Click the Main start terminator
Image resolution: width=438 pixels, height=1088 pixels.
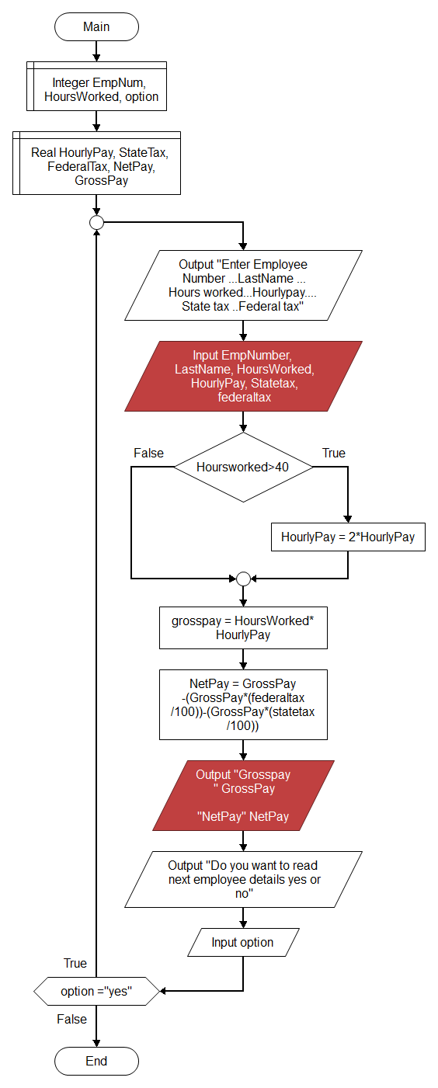pyautogui.click(x=96, y=26)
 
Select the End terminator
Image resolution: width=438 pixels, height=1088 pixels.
pyautogui.click(x=96, y=1061)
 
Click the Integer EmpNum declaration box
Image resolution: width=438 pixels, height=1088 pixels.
pyautogui.click(x=96, y=86)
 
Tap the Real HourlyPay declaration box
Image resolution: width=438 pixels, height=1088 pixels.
pyautogui.click(x=96, y=163)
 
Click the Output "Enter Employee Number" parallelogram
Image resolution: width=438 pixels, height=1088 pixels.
pyautogui.click(x=243, y=285)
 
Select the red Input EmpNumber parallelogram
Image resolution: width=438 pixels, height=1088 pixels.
pyautogui.click(x=243, y=377)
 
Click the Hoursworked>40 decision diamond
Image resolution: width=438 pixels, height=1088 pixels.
pyautogui.click(x=243, y=467)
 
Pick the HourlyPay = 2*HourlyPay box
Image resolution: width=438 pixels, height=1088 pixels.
pyautogui.click(x=348, y=537)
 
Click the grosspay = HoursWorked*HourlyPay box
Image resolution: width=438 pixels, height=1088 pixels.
pyautogui.click(x=243, y=627)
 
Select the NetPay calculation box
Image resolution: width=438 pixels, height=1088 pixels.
pyautogui.click(x=243, y=705)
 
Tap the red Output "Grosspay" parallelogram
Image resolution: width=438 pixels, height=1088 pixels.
pyautogui.click(x=243, y=795)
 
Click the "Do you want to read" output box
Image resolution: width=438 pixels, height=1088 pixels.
pyautogui.click(x=243, y=879)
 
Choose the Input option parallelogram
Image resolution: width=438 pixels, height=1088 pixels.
pyautogui.click(x=243, y=942)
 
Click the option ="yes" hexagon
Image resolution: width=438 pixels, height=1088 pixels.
pyautogui.click(x=96, y=991)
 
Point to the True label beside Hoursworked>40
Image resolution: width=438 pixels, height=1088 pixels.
pyautogui.click(x=334, y=454)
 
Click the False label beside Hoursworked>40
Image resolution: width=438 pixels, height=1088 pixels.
pyautogui.click(x=148, y=454)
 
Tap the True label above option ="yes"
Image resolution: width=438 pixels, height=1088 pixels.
pyautogui.click(x=75, y=963)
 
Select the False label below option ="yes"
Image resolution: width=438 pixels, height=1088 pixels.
pyautogui.click(x=72, y=1019)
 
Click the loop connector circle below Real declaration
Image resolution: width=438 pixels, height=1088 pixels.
pyautogui.click(x=96, y=222)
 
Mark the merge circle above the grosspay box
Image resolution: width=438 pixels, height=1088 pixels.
pyautogui.click(x=243, y=579)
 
